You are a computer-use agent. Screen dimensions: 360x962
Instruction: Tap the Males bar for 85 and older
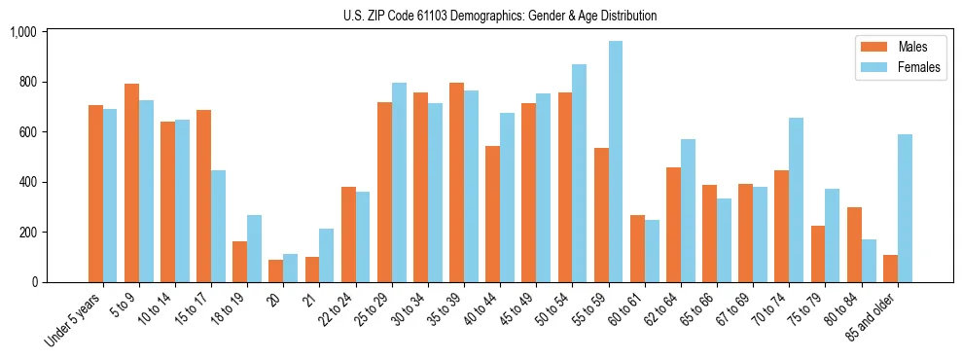click(x=890, y=269)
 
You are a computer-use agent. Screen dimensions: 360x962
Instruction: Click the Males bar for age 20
click(x=275, y=271)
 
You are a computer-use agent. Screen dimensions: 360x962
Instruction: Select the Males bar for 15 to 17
click(x=203, y=196)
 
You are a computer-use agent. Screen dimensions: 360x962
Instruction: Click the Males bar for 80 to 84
click(x=854, y=244)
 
